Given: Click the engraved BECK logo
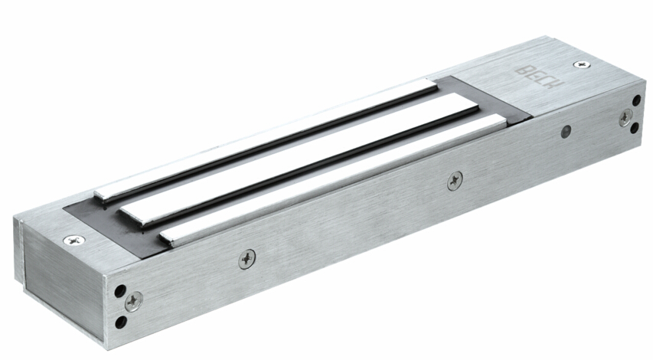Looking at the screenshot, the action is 540,77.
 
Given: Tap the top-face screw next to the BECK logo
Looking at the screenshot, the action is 582,64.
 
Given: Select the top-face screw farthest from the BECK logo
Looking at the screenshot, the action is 74,240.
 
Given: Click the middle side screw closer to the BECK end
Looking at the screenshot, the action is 455,182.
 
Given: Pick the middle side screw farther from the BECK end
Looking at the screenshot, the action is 247,259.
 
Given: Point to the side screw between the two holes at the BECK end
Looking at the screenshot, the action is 625,118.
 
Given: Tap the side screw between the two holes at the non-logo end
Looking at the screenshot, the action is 134,302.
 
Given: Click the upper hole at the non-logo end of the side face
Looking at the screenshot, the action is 120,290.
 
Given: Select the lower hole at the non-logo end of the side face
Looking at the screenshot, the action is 121,322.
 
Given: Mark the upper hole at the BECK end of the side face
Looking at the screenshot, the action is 637,100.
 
